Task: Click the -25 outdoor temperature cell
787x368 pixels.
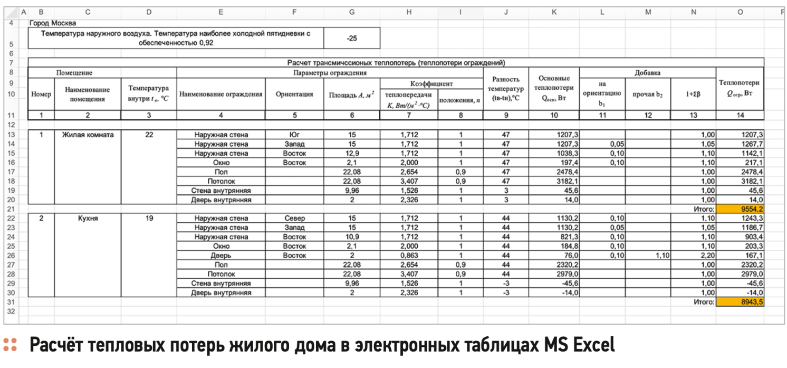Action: (352, 39)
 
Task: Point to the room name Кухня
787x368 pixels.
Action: (88, 218)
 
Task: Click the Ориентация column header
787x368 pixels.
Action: (294, 95)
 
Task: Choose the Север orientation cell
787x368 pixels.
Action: (294, 218)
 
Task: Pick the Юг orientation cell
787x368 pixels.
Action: (294, 135)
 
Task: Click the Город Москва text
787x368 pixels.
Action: (53, 23)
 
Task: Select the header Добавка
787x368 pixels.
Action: (647, 72)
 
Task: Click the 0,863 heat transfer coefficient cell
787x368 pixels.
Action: (409, 256)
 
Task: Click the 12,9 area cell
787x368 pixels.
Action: (352, 153)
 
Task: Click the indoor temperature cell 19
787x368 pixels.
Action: (149, 218)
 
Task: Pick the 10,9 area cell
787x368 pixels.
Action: (352, 237)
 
